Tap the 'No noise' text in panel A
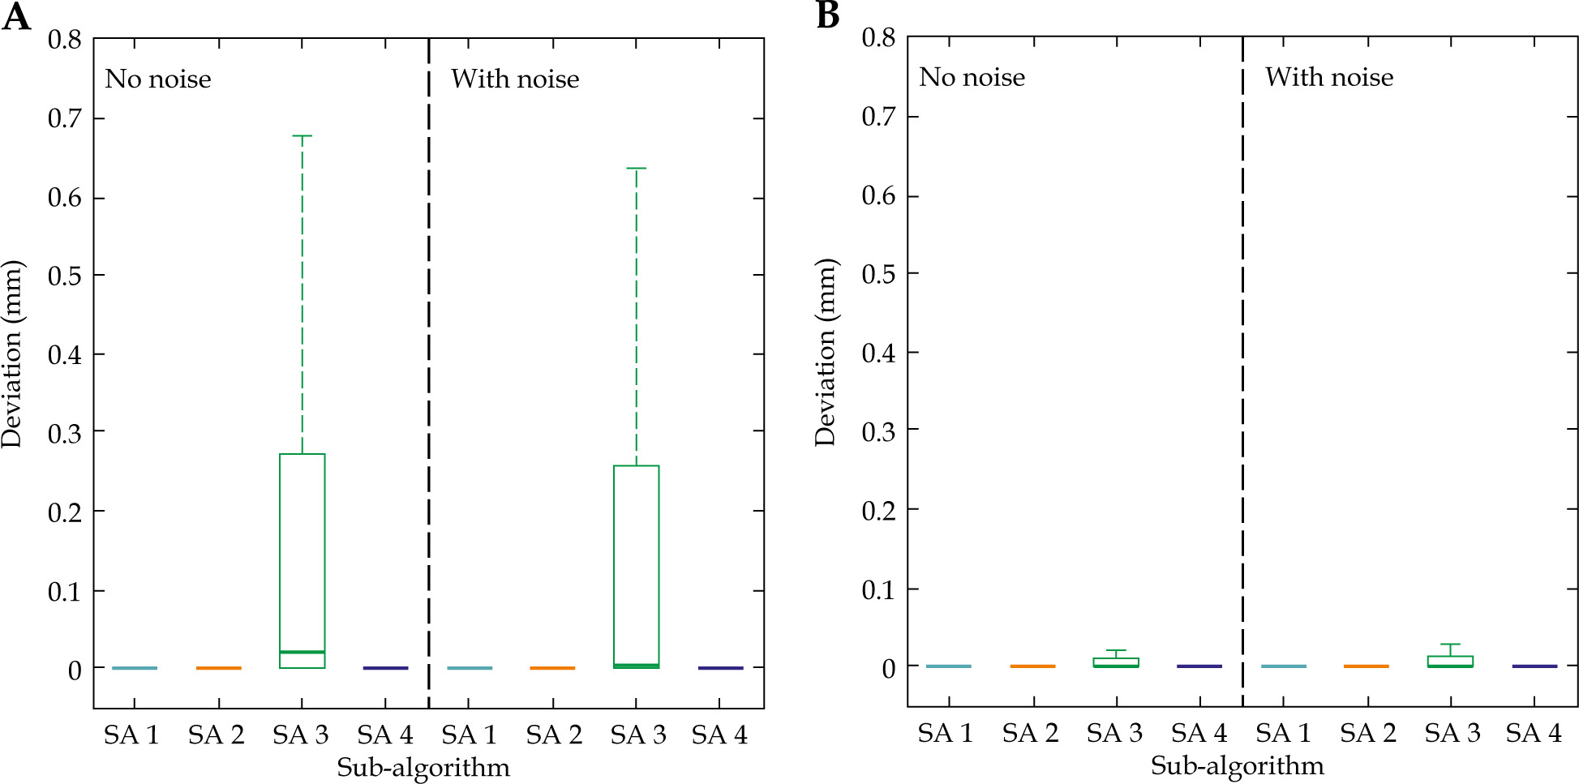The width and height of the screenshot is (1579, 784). pos(158,79)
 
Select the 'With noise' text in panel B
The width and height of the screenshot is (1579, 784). pos(1329,78)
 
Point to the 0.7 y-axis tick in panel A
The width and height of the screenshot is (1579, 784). pos(65,119)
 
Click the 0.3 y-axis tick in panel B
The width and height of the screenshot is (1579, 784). pos(878,431)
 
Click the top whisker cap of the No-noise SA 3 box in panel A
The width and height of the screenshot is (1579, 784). pos(302,136)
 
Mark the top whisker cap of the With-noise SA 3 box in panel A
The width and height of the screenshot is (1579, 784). pos(637,169)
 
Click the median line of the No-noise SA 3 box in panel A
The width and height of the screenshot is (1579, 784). pos(302,652)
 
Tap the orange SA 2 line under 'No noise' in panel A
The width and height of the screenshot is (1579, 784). pos(218,668)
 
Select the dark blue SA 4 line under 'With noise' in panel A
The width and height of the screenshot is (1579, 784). pos(720,668)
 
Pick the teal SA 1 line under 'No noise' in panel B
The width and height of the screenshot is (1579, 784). pos(949,666)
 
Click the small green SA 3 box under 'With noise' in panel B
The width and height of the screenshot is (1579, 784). pos(1450,661)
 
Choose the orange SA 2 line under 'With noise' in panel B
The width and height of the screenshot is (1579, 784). pos(1367,666)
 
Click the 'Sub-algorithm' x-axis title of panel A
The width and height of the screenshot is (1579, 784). pos(423,768)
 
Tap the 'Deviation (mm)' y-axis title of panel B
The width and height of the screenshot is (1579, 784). pos(826,353)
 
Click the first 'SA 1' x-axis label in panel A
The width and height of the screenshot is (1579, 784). pos(131,735)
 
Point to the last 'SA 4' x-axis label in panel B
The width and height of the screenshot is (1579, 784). pos(1534,734)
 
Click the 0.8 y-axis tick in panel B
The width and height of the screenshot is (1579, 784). pos(878,37)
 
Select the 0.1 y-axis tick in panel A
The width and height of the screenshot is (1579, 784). pos(65,592)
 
